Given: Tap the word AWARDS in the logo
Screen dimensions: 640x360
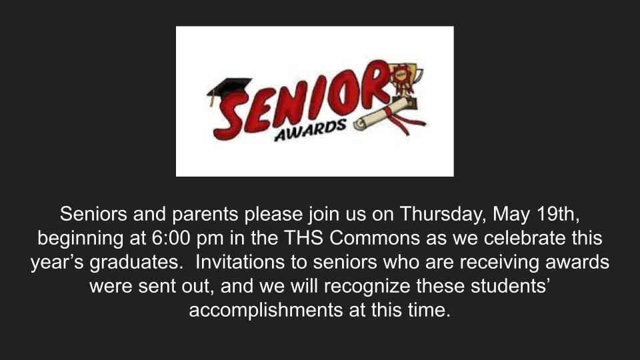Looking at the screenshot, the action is point(310,131).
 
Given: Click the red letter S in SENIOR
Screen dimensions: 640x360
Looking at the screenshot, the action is point(231,116).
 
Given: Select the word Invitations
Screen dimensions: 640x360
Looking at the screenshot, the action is point(240,262).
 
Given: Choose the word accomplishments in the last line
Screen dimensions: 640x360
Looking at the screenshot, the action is point(266,310).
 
